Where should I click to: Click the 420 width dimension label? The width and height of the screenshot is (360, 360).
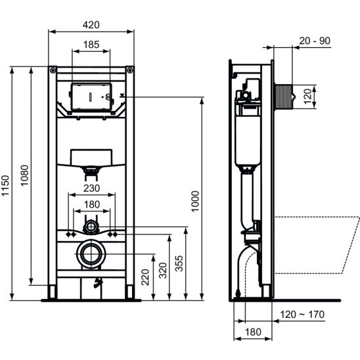tap(91, 25)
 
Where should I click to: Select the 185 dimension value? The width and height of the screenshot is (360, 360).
tap(91, 45)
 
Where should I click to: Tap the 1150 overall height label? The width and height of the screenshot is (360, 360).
tap(5, 185)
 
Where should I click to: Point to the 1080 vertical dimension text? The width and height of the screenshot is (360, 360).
tap(24, 175)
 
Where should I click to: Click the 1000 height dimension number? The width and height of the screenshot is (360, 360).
tap(195, 202)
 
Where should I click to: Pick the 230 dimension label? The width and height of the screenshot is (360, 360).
tap(91, 189)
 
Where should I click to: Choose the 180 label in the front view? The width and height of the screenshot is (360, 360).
tap(91, 204)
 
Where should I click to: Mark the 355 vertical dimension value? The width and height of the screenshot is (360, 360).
tap(179, 263)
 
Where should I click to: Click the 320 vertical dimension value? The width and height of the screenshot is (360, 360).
tap(163, 271)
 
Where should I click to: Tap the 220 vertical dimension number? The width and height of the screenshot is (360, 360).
tap(145, 277)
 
